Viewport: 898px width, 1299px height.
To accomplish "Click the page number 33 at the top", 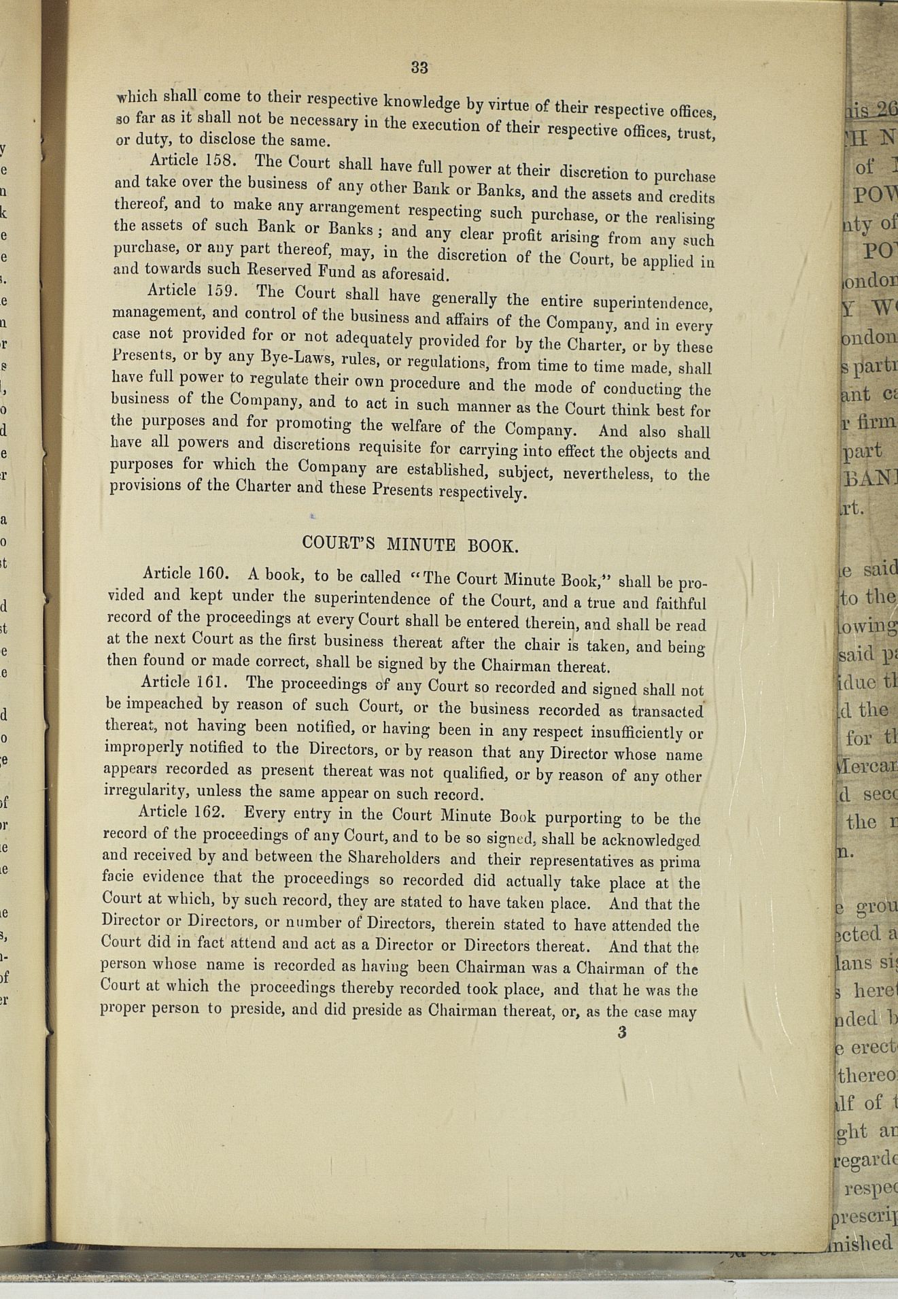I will pos(419,67).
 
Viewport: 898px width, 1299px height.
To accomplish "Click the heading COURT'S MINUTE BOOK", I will pos(411,544).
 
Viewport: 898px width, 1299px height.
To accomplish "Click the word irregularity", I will pos(143,791).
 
